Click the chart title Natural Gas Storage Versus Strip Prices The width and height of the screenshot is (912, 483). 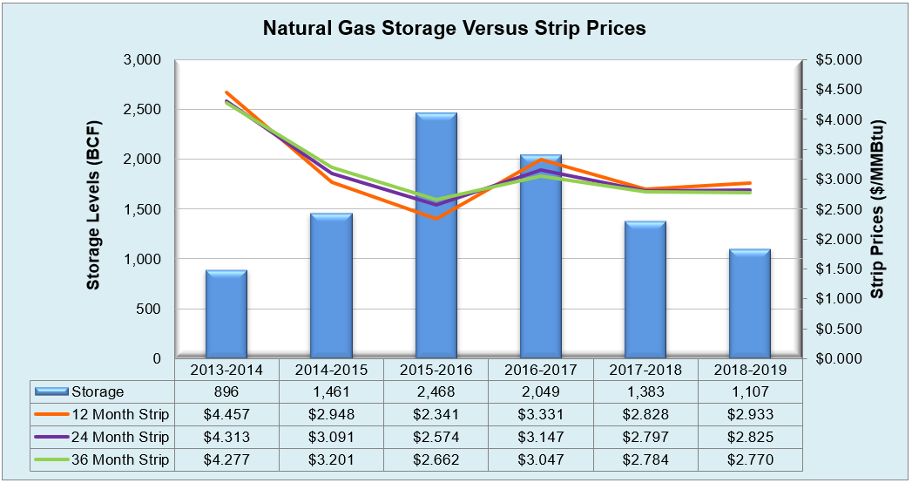[x=455, y=28]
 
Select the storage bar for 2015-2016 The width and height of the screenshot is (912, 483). [x=436, y=235]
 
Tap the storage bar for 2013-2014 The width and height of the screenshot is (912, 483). [x=226, y=314]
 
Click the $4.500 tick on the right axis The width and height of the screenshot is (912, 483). [x=835, y=90]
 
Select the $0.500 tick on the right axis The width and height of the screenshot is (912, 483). [x=835, y=329]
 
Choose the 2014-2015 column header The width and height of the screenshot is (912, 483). [x=331, y=370]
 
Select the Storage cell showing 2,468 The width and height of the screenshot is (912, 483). [x=436, y=392]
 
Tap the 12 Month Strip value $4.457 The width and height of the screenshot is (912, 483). [x=226, y=414]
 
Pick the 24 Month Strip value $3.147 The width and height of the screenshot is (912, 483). [x=540, y=437]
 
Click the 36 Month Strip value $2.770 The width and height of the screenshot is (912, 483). [x=750, y=459]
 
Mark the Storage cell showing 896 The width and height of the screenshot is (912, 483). [x=226, y=392]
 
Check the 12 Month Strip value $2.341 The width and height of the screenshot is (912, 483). [x=436, y=414]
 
